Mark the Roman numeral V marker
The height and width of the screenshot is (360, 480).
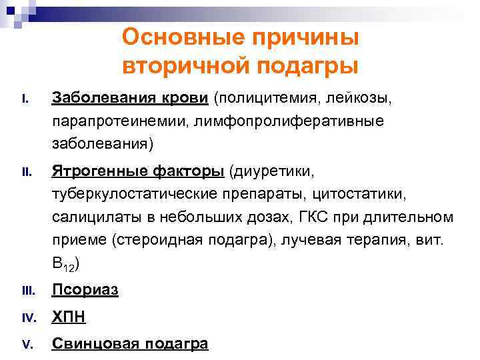click(27, 345)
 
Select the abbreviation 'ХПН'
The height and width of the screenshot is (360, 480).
click(69, 317)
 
